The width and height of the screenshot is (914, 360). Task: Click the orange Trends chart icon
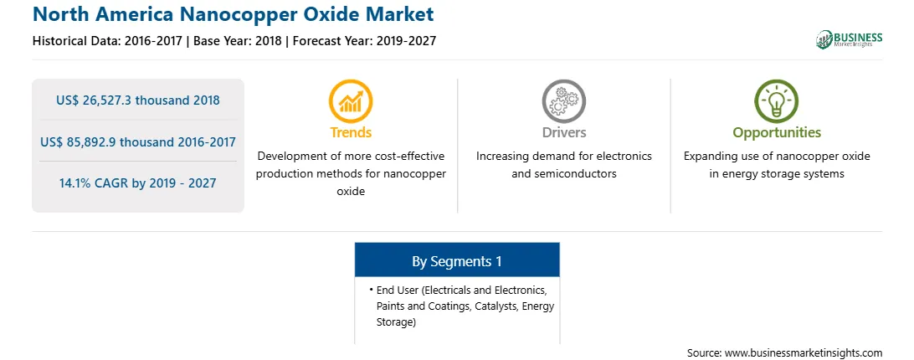pyautogui.click(x=351, y=101)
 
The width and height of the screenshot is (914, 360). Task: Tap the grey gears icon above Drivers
pyautogui.click(x=563, y=101)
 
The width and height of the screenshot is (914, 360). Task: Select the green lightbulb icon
pyautogui.click(x=777, y=101)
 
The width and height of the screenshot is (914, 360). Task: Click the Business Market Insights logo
pyautogui.click(x=850, y=39)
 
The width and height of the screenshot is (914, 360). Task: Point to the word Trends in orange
pyautogui.click(x=351, y=132)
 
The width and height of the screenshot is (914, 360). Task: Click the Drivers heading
pyautogui.click(x=564, y=132)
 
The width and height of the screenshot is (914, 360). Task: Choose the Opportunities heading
pyautogui.click(x=777, y=133)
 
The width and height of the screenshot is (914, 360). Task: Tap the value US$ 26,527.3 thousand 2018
pyautogui.click(x=138, y=100)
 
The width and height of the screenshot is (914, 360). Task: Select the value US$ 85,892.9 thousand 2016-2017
pyautogui.click(x=138, y=141)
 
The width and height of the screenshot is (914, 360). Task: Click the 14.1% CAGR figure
pyautogui.click(x=137, y=183)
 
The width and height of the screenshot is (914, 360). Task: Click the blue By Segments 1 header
pyautogui.click(x=457, y=261)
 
